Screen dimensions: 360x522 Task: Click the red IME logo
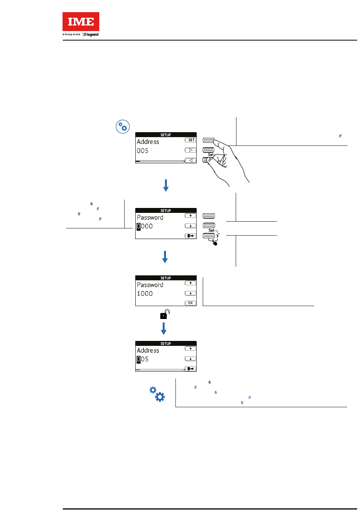(x=81, y=22)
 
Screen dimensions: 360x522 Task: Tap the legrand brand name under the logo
(x=91, y=34)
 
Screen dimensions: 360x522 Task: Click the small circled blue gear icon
(x=123, y=127)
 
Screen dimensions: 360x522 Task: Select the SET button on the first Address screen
(x=191, y=140)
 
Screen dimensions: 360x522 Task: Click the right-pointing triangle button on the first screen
(x=191, y=150)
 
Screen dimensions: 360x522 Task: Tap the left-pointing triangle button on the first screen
(x=191, y=160)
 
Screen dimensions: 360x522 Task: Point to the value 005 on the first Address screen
(x=142, y=151)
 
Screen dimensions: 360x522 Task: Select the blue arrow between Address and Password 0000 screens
(x=166, y=185)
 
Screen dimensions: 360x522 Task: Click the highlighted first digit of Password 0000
(x=139, y=227)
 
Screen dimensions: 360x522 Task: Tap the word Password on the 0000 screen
(x=150, y=217)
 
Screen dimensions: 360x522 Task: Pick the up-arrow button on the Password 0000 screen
(x=190, y=216)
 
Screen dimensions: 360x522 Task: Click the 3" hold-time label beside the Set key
(x=218, y=235)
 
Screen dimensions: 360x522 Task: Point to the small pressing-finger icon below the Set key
(x=215, y=243)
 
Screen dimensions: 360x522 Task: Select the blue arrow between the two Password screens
(x=165, y=256)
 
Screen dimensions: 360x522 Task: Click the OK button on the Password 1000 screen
(x=190, y=303)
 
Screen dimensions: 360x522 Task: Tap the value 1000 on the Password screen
(x=145, y=294)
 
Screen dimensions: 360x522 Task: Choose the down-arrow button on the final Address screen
(x=190, y=359)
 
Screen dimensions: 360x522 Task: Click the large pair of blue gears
(x=157, y=394)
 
